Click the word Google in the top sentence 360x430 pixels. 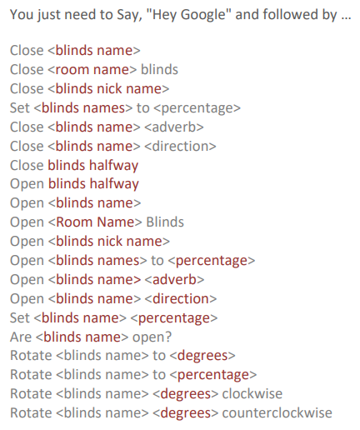[x=203, y=15]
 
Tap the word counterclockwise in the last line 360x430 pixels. [x=277, y=412]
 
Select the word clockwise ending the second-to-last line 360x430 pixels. [x=252, y=393]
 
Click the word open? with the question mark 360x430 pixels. [x=152, y=337]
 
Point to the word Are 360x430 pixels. [x=21, y=337]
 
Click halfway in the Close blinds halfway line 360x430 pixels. [x=113, y=166]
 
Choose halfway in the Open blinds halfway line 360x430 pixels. [x=114, y=184]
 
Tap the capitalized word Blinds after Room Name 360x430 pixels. [x=165, y=222]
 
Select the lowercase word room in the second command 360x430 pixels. [x=72, y=70]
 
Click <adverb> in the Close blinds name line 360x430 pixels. [x=174, y=127]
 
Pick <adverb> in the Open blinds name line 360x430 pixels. [x=175, y=279]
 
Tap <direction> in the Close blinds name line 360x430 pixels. [x=180, y=147]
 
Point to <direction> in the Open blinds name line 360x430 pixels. [x=181, y=299]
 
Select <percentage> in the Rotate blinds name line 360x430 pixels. [x=213, y=375]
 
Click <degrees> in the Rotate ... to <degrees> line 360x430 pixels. [x=202, y=356]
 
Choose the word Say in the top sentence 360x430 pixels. [x=127, y=15]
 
